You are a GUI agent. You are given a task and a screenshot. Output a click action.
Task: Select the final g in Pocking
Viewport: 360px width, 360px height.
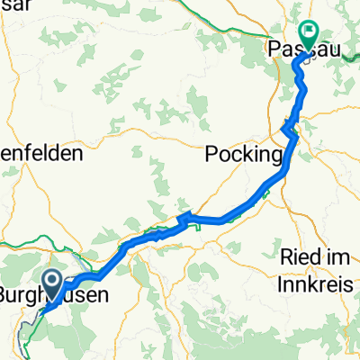pyautogui.click(x=277, y=154)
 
